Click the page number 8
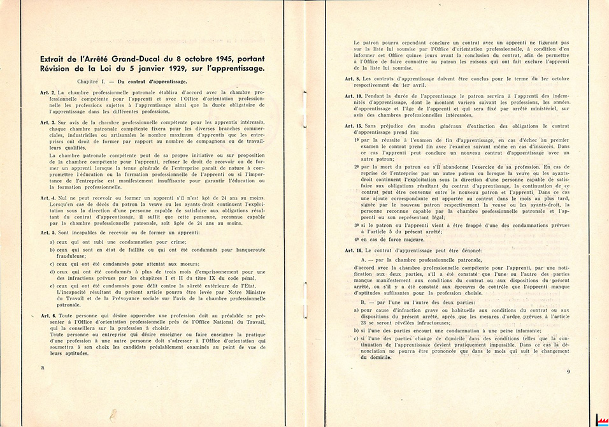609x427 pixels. (x=43, y=368)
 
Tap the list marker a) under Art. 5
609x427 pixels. (x=52, y=243)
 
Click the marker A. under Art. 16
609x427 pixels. (x=363, y=260)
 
